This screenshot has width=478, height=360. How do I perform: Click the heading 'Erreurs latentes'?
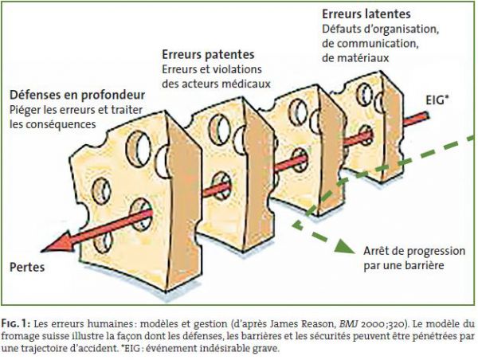[x=366, y=14]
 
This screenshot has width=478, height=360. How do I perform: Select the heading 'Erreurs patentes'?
[x=208, y=55]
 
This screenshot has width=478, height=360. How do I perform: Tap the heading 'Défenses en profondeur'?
[x=77, y=95]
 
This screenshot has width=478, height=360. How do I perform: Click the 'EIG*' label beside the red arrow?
[x=437, y=100]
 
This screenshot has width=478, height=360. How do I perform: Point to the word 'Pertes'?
[x=27, y=268]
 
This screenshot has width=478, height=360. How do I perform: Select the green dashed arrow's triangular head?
[x=345, y=246]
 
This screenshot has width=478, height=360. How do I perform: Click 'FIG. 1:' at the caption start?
[x=16, y=323]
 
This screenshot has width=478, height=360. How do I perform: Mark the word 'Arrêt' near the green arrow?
[x=377, y=251]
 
